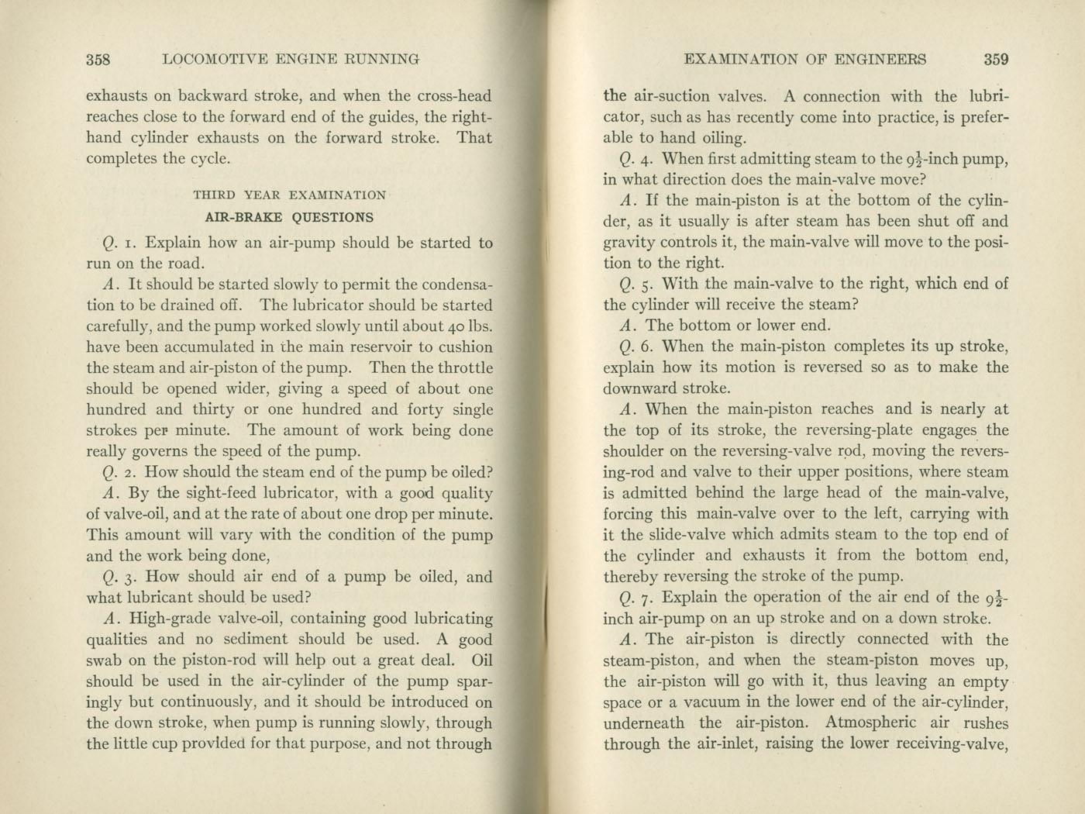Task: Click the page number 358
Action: (x=98, y=59)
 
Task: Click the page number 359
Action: (x=996, y=59)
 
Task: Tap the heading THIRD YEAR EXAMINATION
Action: (x=289, y=195)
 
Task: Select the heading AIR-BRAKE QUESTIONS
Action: (x=289, y=218)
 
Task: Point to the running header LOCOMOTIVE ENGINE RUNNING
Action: (x=292, y=59)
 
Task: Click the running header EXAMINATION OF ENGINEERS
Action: (x=806, y=59)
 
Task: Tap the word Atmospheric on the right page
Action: (x=871, y=723)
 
